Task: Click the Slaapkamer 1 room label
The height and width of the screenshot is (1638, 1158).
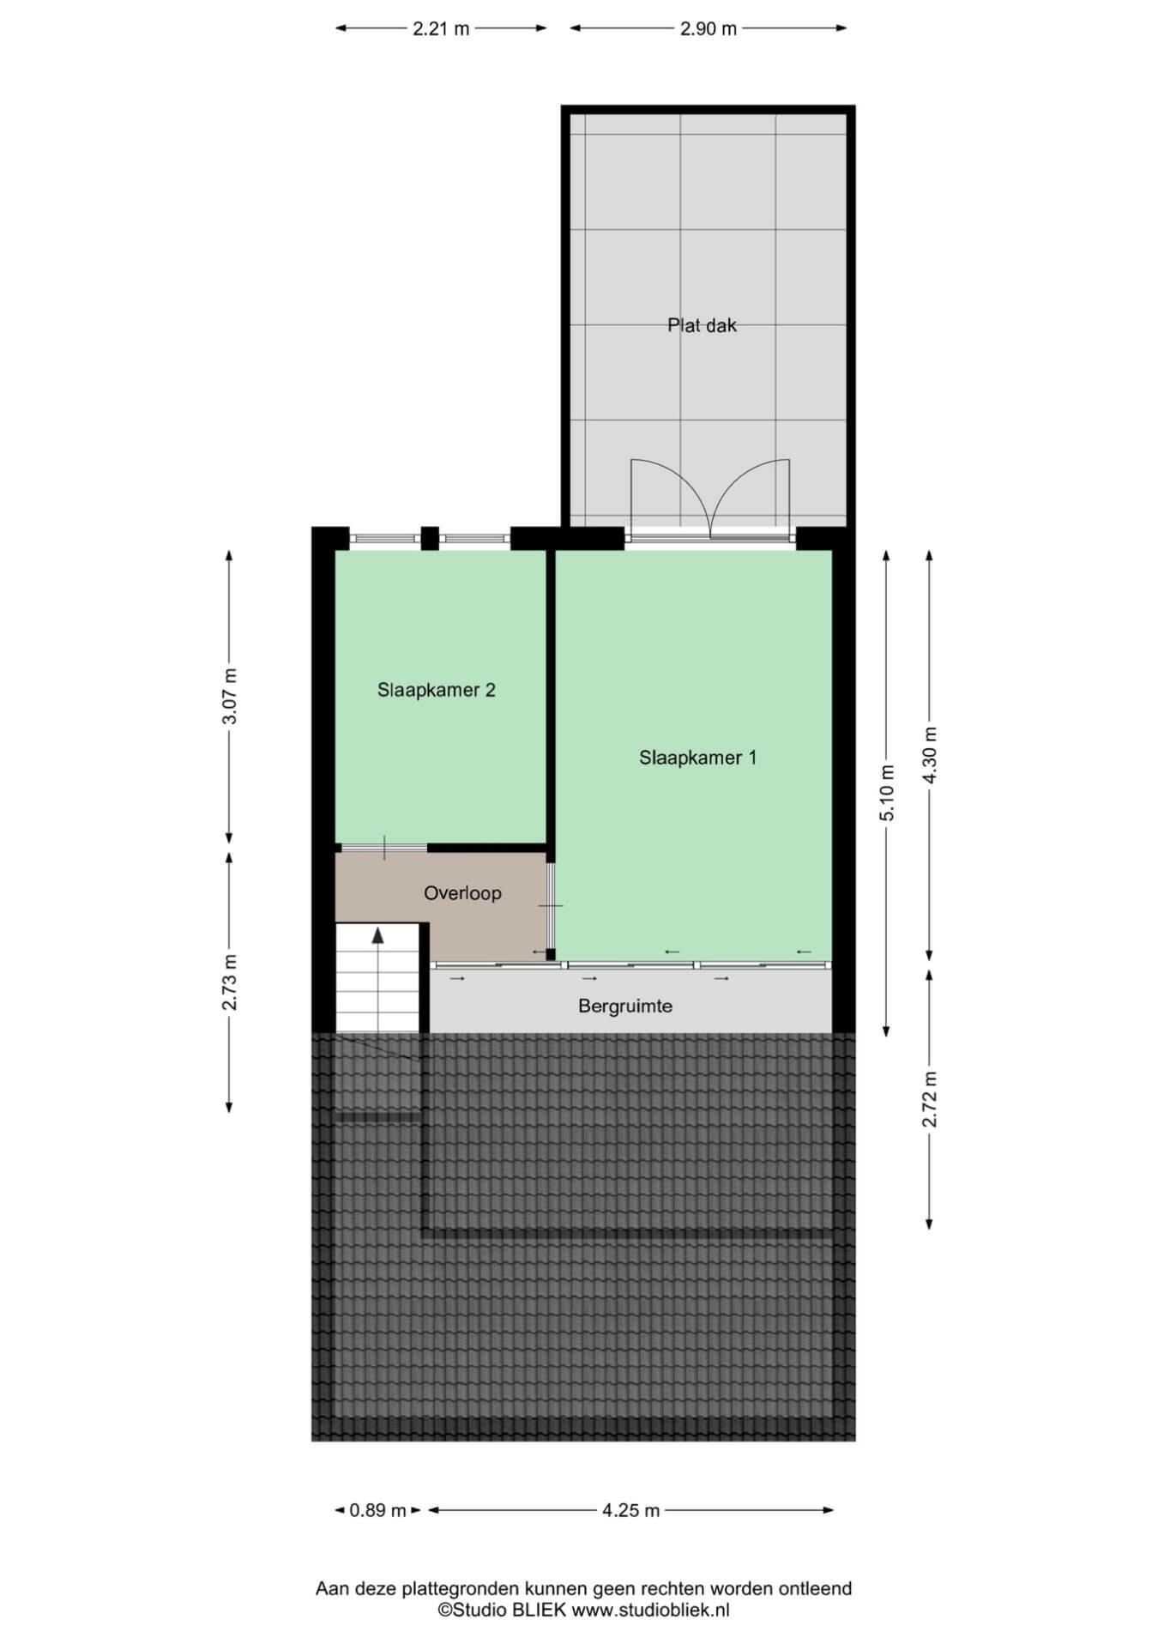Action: (697, 758)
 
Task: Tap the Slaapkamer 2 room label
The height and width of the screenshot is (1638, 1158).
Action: (436, 690)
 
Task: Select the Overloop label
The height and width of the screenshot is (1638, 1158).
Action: (462, 893)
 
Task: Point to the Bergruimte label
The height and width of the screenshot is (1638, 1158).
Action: (624, 1006)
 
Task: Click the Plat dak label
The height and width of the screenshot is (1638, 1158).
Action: (702, 325)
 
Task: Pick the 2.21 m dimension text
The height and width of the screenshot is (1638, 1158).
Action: (441, 28)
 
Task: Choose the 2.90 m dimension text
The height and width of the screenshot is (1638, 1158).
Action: (709, 28)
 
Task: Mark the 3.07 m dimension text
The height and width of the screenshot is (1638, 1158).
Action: (230, 696)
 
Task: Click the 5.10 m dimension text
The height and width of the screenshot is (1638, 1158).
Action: (887, 793)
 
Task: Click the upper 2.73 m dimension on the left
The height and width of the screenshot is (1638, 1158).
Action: (230, 982)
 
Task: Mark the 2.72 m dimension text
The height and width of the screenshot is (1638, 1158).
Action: (930, 1099)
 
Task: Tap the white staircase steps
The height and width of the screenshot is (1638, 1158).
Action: (377, 978)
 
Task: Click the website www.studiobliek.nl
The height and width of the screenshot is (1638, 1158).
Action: (650, 1611)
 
